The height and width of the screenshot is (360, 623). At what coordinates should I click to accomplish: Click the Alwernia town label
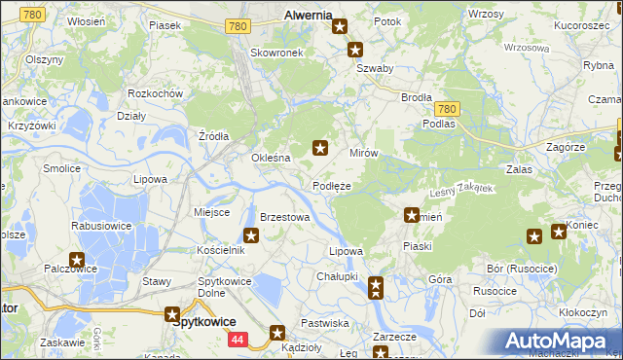(307, 16)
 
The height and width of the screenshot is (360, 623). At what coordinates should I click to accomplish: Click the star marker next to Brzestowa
(251, 234)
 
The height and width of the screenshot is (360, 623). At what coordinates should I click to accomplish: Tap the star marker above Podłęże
(319, 148)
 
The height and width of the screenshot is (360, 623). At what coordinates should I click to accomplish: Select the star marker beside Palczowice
(76, 260)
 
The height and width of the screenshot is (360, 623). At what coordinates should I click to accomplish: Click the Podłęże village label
(331, 186)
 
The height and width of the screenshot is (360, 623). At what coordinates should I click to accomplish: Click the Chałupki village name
(337, 276)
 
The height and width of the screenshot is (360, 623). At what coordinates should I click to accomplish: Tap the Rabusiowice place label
(102, 226)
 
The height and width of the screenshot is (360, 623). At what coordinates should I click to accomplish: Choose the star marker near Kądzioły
(277, 332)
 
